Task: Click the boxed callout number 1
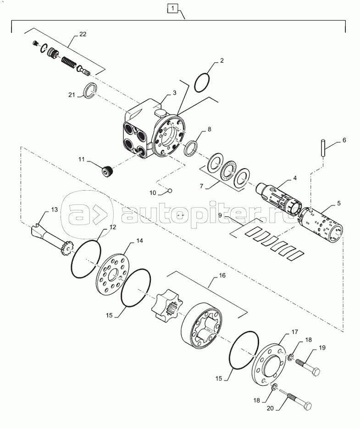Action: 172,9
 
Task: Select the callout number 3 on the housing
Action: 174,93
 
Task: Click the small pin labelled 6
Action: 323,148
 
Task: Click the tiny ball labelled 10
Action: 170,190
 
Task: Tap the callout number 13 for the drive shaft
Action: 54,209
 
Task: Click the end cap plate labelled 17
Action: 269,366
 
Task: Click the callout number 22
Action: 83,34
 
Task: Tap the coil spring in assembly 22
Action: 68,63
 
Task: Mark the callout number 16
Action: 222,275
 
